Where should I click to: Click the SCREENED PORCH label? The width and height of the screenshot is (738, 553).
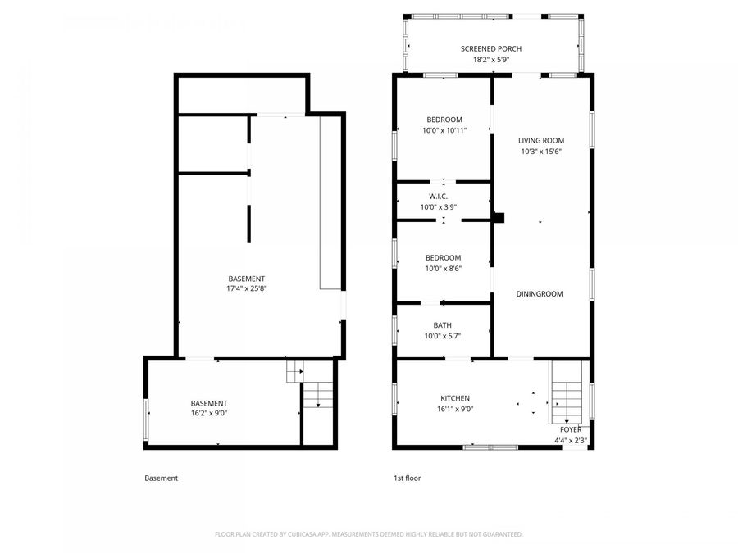490,49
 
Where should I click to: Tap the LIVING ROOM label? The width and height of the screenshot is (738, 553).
542,140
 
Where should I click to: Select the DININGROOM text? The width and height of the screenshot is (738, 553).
539,293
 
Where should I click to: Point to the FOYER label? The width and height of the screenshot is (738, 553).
571,430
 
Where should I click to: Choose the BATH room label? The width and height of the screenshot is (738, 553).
443,325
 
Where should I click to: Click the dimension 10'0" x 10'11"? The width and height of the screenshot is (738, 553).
444,130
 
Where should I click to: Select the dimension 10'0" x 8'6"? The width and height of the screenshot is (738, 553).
443,268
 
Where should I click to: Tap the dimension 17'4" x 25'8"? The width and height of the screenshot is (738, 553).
247,288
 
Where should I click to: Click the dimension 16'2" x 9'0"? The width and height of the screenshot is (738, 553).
209,414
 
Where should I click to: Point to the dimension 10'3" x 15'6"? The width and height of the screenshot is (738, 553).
542,151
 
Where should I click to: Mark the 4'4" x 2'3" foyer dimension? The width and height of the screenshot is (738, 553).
571,440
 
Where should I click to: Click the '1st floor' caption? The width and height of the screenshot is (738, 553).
407,478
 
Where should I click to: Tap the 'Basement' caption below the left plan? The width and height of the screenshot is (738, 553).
161,478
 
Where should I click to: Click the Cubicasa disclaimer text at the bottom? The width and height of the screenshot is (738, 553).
368,534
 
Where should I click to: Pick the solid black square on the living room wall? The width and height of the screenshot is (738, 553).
499,218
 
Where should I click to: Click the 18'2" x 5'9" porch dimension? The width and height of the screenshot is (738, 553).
490,60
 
